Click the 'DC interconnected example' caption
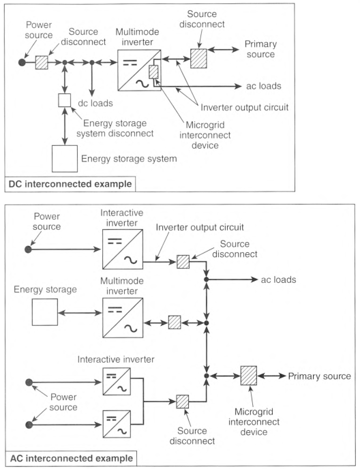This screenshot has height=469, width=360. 70,184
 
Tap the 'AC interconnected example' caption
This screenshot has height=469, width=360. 72,458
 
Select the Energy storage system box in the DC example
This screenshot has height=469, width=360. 65,159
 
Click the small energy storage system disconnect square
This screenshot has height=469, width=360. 64,100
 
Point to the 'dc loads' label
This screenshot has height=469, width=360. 95,103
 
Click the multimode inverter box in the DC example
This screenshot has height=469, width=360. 139,70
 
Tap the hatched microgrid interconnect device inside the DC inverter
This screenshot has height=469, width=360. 153,72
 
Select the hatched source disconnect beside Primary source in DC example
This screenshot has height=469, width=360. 198,59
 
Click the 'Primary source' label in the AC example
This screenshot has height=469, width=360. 319,376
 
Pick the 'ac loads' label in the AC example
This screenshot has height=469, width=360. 278,279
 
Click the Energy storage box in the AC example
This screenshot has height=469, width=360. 45,312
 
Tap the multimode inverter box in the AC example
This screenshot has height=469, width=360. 123,318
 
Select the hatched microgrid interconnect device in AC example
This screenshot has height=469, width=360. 249,376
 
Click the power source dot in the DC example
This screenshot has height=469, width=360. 22,62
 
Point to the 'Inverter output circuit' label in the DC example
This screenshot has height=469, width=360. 245,107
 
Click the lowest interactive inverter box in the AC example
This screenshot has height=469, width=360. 117,424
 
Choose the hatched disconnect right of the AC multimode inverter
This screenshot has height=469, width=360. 175,322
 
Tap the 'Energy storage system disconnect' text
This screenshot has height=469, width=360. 115,128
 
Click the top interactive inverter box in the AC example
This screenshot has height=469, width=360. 123,249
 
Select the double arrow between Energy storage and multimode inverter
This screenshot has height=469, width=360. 80,313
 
